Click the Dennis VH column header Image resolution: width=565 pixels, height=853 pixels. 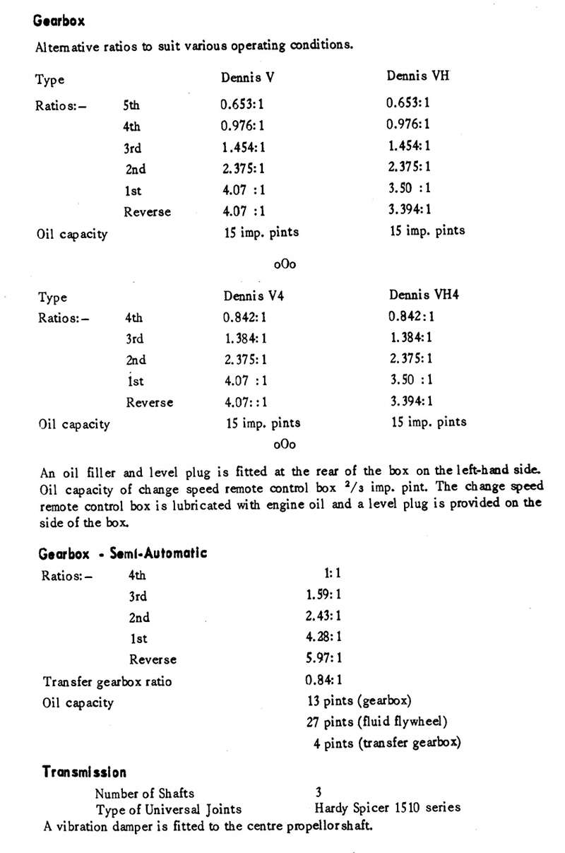coord(417,76)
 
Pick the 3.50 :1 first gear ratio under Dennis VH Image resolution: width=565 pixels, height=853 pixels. coord(410,189)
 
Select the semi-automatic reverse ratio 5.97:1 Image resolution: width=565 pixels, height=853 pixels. coord(323,658)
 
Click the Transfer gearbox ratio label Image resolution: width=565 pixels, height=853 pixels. coord(107,682)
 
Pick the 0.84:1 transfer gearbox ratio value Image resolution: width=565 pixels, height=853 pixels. coord(324,681)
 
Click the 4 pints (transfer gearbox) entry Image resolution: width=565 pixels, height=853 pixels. coord(387,743)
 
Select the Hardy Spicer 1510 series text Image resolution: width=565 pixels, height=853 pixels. coord(387,808)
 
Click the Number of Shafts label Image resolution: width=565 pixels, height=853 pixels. coord(144,793)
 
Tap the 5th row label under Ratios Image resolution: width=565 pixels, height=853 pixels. coord(131,105)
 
